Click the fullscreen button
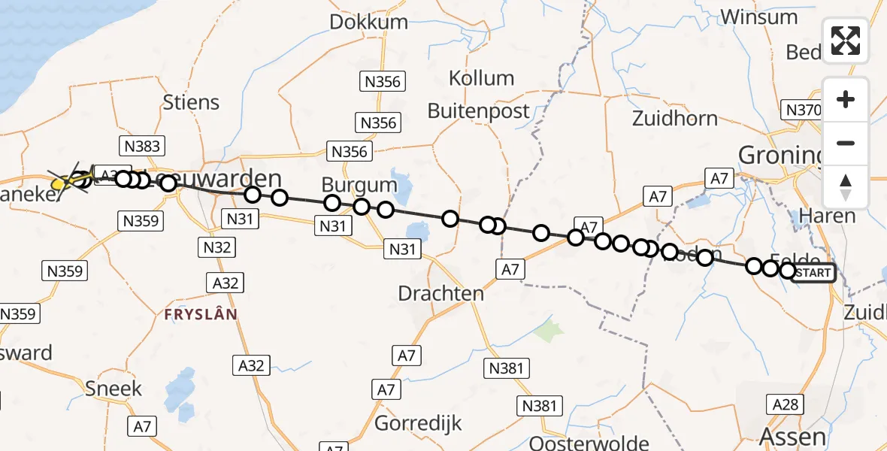point(846,41)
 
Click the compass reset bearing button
point(846,187)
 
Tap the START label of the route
point(813,272)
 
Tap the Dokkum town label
point(368,22)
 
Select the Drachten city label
point(441,293)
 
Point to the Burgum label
point(359,184)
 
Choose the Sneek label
point(114,388)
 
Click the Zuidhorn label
point(674,118)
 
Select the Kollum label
point(481,78)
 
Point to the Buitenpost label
point(479,110)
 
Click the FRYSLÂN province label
point(201,314)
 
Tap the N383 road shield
point(142,146)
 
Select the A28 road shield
point(786,404)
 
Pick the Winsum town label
point(759,17)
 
